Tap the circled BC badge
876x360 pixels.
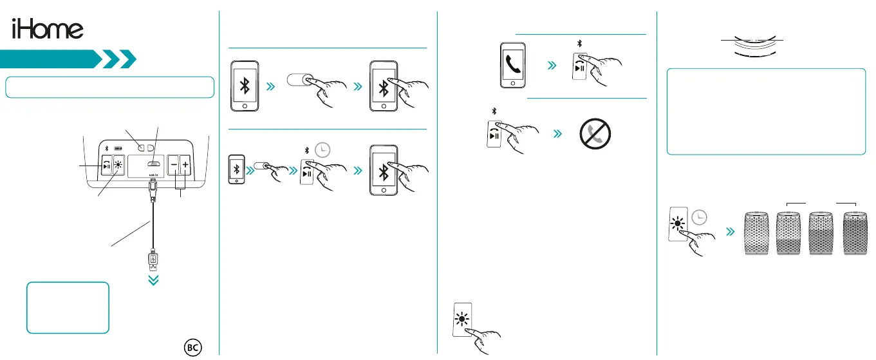(192, 346)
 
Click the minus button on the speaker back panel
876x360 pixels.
(173, 166)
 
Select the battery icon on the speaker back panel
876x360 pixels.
(118, 147)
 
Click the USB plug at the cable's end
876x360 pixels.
(154, 261)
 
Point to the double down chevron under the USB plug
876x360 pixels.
(154, 281)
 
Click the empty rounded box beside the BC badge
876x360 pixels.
(68, 307)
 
